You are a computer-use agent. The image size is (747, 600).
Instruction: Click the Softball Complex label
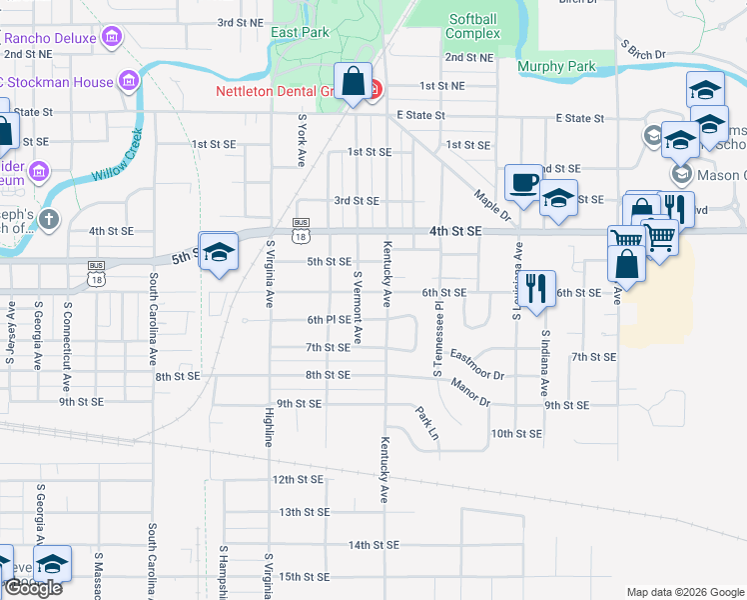[473, 26]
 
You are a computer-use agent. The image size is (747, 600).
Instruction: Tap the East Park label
[299, 33]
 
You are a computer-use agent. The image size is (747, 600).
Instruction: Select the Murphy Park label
[556, 67]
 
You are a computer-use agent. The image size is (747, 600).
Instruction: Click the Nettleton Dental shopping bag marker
[354, 81]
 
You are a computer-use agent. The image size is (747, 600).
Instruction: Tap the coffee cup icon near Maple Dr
[522, 181]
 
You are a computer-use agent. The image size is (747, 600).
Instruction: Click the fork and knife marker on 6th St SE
[538, 288]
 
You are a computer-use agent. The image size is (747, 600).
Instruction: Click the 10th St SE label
[515, 434]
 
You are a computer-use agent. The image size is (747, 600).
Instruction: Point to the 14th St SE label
[373, 545]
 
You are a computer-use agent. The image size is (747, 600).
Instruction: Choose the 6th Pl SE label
[329, 320]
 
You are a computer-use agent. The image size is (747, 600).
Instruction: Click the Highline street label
[269, 427]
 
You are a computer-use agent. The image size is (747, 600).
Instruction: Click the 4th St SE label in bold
[455, 231]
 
